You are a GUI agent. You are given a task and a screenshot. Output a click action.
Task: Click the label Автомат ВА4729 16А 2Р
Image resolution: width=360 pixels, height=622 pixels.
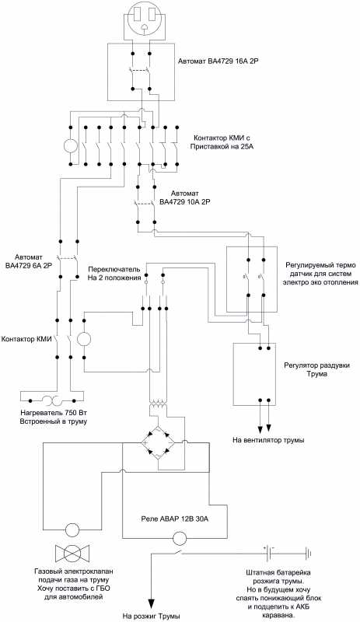click(x=218, y=61)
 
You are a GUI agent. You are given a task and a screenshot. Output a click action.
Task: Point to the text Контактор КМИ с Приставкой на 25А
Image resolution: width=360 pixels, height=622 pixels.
click(x=223, y=142)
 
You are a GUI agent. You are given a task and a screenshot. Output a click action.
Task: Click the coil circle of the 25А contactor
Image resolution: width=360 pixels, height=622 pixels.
click(x=71, y=146)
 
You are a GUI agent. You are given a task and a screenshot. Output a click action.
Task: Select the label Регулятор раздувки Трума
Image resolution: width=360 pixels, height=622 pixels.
click(x=316, y=369)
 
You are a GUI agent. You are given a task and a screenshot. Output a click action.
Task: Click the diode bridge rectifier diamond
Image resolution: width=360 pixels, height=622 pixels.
click(x=158, y=442)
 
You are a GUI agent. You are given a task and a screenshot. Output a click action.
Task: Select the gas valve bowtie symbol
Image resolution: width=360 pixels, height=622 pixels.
click(x=72, y=552)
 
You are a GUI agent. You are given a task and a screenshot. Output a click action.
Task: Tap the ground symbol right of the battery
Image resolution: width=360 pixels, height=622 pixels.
click(x=308, y=553)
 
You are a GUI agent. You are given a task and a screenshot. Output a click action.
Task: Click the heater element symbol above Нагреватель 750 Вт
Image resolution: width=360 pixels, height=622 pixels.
click(x=52, y=399)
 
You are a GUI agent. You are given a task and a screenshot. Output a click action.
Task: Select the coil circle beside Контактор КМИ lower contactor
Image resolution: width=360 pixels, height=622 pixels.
click(x=84, y=338)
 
